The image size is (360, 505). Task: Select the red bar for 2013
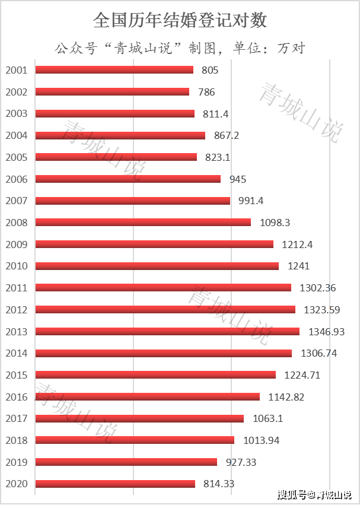(x=167, y=331)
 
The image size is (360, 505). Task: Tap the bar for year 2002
(x=112, y=92)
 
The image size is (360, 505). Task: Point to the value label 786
(x=206, y=92)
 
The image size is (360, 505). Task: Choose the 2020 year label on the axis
(x=16, y=484)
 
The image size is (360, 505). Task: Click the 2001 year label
(x=16, y=70)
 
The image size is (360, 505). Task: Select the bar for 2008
(x=143, y=223)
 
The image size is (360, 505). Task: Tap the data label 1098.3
(x=275, y=223)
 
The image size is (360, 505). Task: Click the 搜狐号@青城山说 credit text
(x=313, y=494)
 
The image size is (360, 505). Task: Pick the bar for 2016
(x=147, y=396)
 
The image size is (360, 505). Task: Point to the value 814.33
(x=219, y=484)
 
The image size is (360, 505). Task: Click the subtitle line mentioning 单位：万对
(x=180, y=47)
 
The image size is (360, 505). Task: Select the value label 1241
(x=298, y=266)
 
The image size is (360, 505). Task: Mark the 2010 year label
(x=16, y=266)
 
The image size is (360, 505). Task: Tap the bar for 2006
(x=128, y=179)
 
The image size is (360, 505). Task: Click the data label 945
(x=237, y=179)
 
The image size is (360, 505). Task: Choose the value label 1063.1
(x=267, y=418)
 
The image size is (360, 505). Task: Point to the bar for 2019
(x=126, y=462)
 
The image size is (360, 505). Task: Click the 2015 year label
(x=16, y=375)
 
